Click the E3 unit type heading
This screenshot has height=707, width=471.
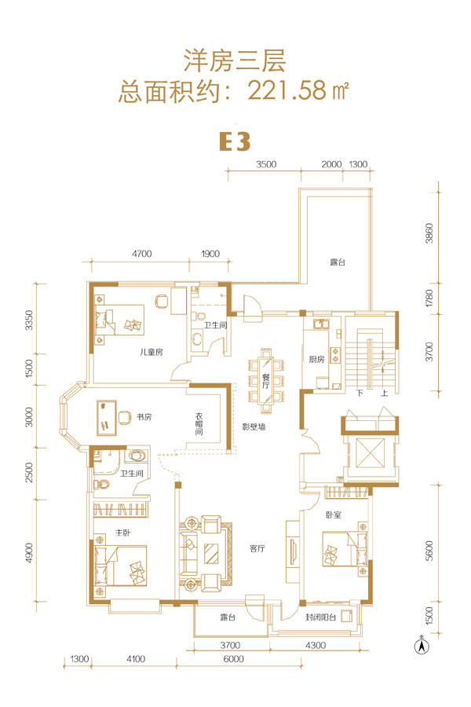coord(235,141)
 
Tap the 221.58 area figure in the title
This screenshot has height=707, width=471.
coord(287,90)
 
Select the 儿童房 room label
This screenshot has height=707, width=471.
coord(151,352)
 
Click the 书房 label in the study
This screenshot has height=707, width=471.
coord(144,417)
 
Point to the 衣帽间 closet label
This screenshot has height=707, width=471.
coord(199,424)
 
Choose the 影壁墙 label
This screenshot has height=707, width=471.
coord(254,427)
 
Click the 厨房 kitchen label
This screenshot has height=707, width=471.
coord(316,359)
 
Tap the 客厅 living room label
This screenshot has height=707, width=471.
coord(257,548)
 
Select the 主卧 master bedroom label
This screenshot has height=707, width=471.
coord(122,533)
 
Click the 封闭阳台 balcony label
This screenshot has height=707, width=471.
coord(320,617)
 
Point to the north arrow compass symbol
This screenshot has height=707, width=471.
coord(422,646)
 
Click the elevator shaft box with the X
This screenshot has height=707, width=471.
coord(371,452)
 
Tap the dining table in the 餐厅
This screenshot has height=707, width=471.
coord(266,379)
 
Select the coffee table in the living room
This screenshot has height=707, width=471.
coord(211,554)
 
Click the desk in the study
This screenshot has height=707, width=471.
coord(107,418)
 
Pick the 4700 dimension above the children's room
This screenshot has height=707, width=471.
coord(141,254)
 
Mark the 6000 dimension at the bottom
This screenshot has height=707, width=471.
coord(233,659)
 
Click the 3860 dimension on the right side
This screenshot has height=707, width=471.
coord(429,233)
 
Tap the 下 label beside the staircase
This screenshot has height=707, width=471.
coord(360,393)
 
